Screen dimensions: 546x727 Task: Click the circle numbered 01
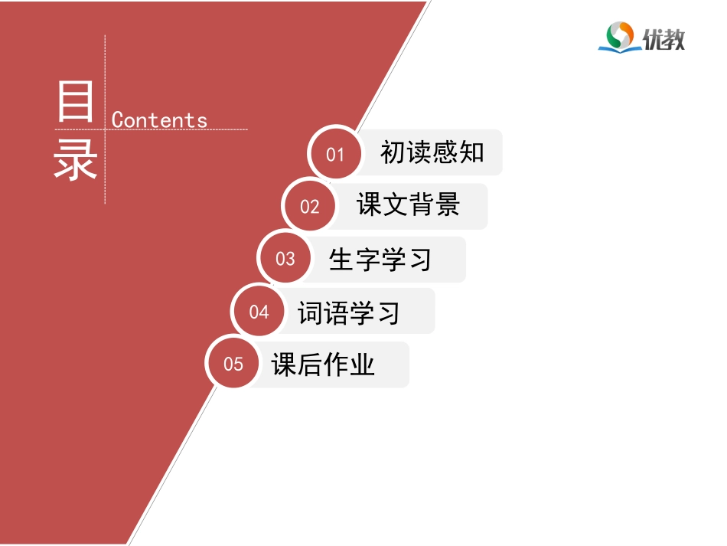pyautogui.click(x=335, y=154)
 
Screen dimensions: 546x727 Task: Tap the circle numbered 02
pyautogui.click(x=309, y=206)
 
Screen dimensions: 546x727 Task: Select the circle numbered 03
pyautogui.click(x=285, y=259)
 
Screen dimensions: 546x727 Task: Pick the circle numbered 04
pyautogui.click(x=259, y=312)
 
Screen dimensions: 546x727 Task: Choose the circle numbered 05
pyautogui.click(x=233, y=364)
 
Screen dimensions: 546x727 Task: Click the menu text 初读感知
pyautogui.click(x=432, y=152)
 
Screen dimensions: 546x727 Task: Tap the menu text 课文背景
pyautogui.click(x=408, y=205)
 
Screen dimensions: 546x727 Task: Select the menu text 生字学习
pyautogui.click(x=380, y=259)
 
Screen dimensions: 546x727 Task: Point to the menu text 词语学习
pyautogui.click(x=349, y=312)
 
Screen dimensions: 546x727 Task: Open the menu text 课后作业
pyautogui.click(x=324, y=365)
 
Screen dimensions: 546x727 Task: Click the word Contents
pyautogui.click(x=159, y=120)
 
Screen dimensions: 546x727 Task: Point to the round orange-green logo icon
pyautogui.click(x=619, y=35)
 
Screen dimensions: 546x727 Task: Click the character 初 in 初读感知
pyautogui.click(x=393, y=152)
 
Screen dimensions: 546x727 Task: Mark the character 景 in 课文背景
pyautogui.click(x=447, y=205)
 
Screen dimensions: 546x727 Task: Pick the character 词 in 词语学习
pyautogui.click(x=310, y=312)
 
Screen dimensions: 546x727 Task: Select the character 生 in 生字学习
pyautogui.click(x=341, y=259)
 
